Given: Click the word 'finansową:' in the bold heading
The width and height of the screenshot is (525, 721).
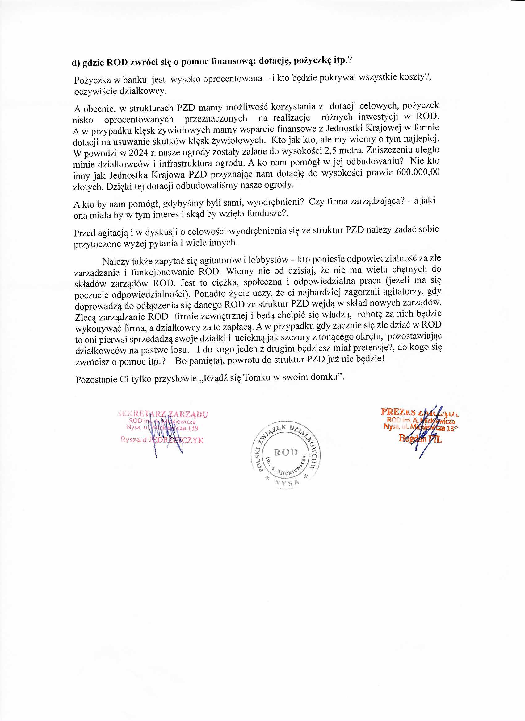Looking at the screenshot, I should (232, 61).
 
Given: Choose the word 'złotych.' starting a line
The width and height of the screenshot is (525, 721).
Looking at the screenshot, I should (89, 187).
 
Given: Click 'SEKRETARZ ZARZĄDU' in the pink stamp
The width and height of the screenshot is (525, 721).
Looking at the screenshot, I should (163, 414).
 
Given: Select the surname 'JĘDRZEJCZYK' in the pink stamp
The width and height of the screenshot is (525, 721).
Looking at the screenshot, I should (176, 440).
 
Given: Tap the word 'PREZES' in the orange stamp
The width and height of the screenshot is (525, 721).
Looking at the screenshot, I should (398, 412).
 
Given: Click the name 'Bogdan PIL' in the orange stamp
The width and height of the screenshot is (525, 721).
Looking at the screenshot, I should (420, 439).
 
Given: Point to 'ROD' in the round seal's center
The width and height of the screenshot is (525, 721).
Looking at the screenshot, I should (286, 452).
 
